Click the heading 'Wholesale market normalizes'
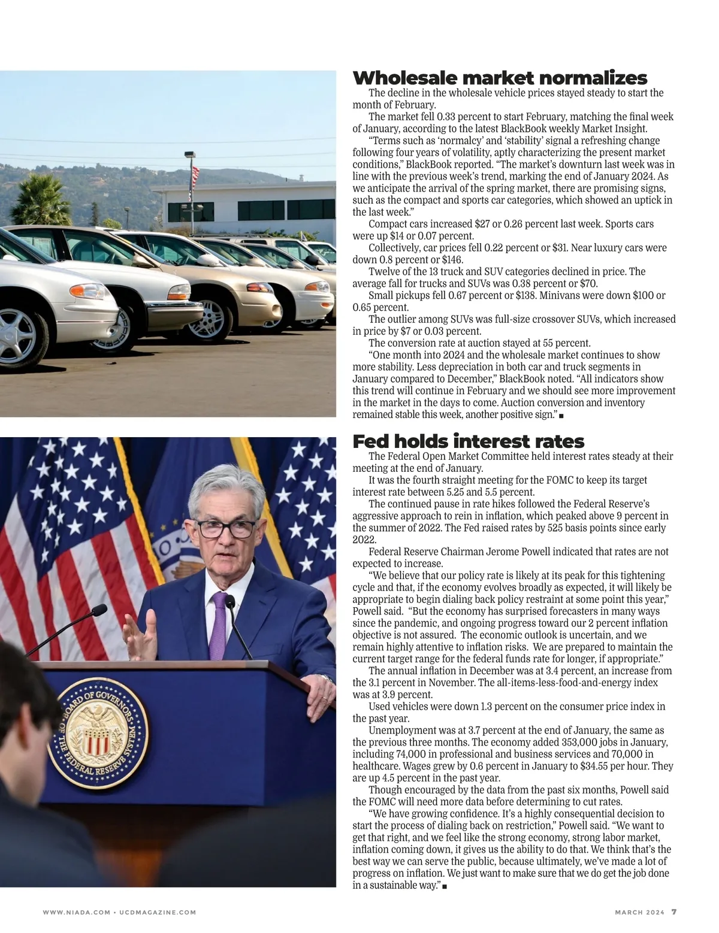click(500, 78)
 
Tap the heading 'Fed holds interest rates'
click(468, 441)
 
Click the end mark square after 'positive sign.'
click(561, 415)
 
